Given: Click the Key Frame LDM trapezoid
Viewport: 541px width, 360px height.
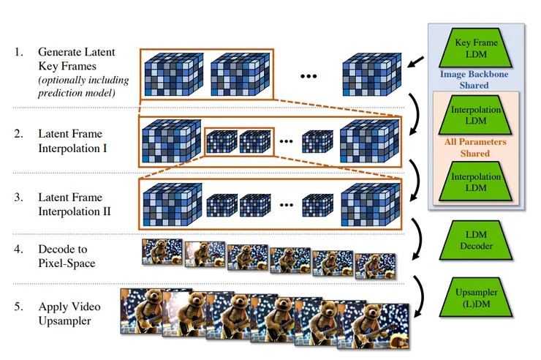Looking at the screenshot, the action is [x=476, y=48].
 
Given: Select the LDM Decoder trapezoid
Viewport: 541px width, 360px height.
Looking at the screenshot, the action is [x=476, y=240].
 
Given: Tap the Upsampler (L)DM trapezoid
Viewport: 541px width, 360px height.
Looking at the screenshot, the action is [x=476, y=298].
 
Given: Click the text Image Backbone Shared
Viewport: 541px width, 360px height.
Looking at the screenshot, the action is [x=474, y=80].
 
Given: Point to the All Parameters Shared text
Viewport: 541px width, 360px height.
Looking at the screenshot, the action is [x=475, y=147].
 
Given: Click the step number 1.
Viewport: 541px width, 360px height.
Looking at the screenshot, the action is [x=18, y=52].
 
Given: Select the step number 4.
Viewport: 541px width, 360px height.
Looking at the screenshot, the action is [x=18, y=250].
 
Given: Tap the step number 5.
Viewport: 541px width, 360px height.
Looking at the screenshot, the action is [x=18, y=307].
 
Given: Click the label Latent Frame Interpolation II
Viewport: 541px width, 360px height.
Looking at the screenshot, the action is [x=74, y=204].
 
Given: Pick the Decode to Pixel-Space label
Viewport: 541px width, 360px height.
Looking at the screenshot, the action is [x=67, y=256].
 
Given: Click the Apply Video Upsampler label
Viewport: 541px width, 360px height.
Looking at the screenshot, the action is [x=69, y=313].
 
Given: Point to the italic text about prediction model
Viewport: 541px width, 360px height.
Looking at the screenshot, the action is [x=83, y=86].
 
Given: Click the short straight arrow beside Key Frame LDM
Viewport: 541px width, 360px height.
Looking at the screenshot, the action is [x=416, y=62].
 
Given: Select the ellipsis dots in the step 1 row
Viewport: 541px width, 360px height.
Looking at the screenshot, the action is [x=309, y=76].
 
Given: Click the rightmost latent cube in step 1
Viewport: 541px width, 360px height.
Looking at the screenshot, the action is [x=372, y=74].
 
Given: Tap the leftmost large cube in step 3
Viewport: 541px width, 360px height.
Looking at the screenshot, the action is [x=173, y=204].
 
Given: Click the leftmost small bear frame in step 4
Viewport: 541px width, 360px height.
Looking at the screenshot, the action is [x=162, y=252].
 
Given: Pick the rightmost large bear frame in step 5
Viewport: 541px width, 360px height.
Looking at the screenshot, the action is [x=373, y=326].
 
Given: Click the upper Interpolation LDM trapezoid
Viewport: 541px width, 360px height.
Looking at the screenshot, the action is [x=476, y=116].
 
